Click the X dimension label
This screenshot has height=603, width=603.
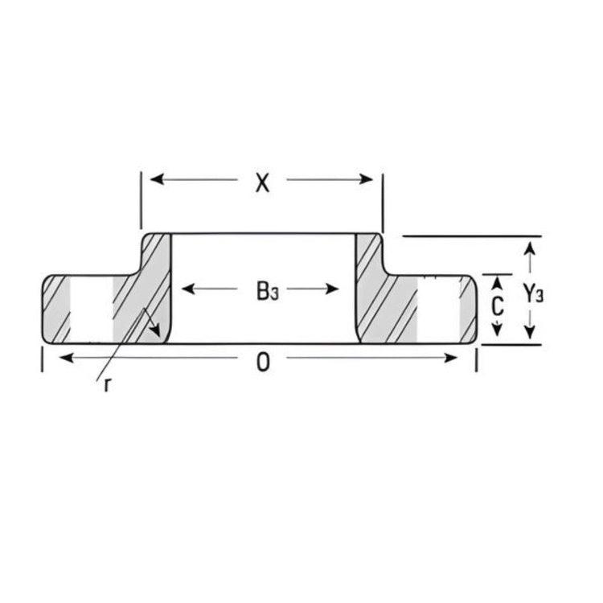click(261, 183)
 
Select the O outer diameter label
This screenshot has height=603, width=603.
click(262, 363)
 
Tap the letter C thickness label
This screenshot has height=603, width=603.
click(498, 306)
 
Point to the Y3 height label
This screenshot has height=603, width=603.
click(533, 294)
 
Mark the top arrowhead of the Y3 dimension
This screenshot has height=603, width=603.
click(529, 250)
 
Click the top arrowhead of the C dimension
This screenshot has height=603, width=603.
click(498, 281)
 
